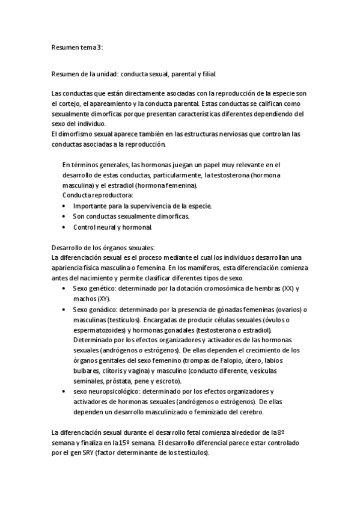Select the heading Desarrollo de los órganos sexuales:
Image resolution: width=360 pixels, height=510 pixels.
[103, 247]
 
